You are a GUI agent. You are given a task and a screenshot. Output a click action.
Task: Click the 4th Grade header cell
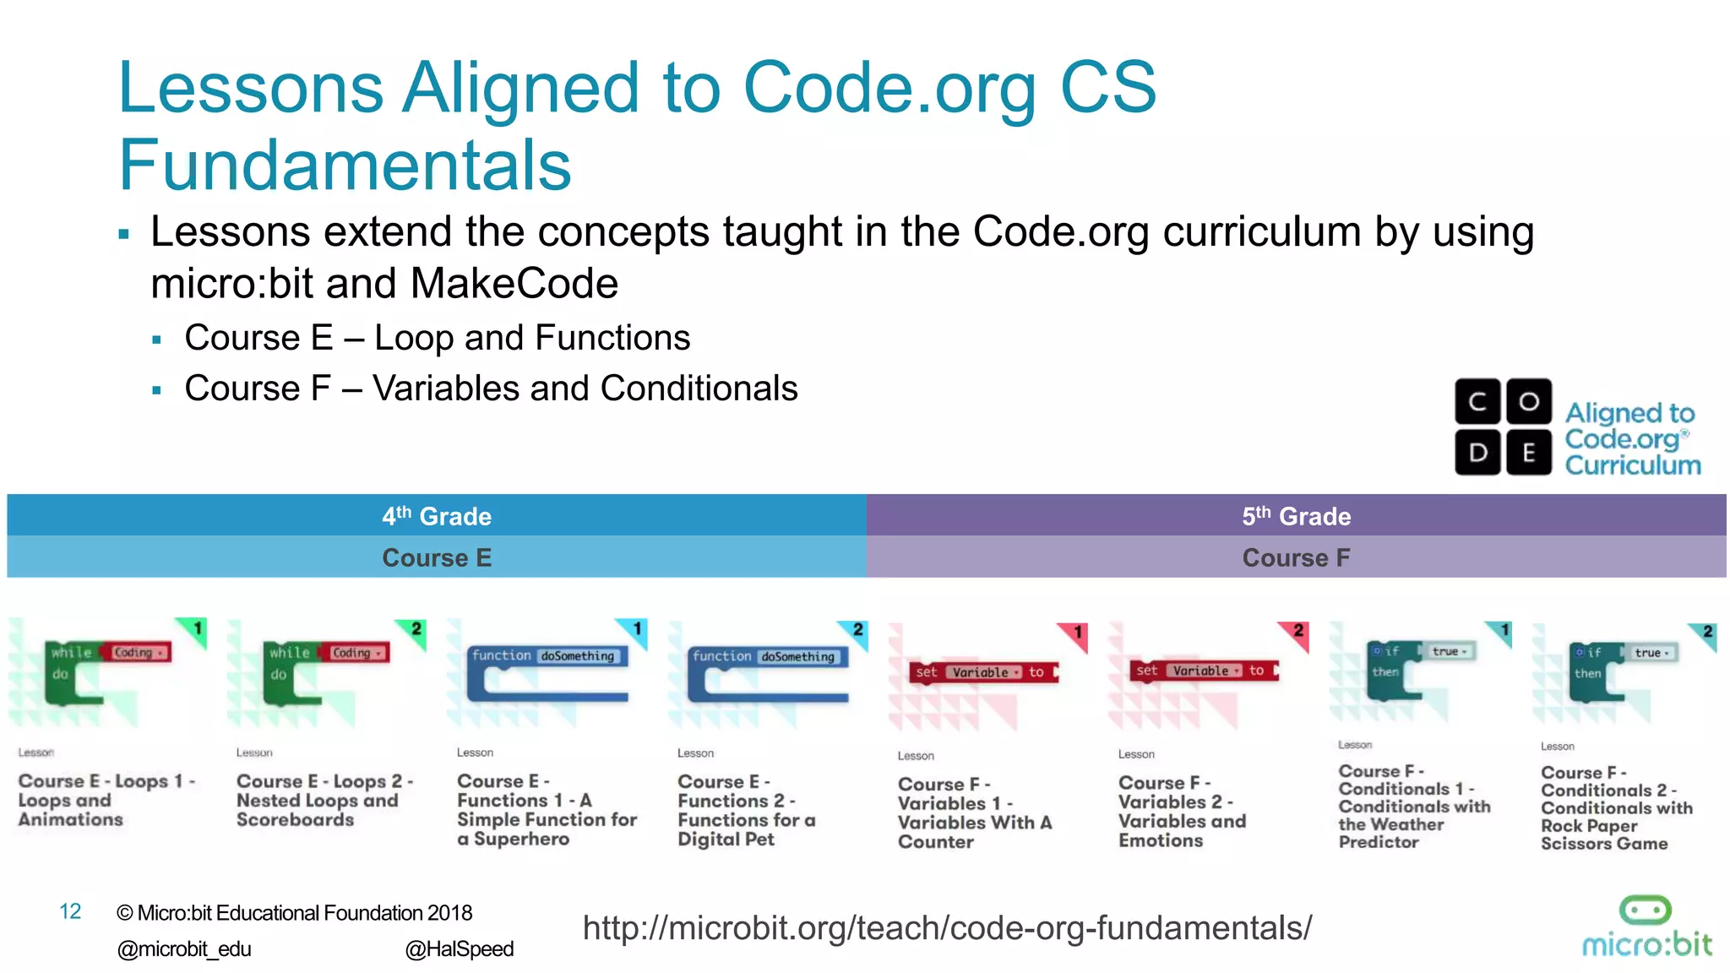tap(437, 515)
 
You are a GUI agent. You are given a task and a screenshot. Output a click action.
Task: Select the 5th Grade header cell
tap(1296, 515)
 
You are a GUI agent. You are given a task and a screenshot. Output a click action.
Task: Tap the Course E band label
tap(437, 557)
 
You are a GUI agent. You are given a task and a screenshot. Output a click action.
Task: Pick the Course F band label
tap(1296, 557)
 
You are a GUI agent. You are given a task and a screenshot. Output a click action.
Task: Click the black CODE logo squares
tap(1503, 427)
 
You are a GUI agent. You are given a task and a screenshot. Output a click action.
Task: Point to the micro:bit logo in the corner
tap(1646, 927)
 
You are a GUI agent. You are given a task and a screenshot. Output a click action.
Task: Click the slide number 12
tap(70, 911)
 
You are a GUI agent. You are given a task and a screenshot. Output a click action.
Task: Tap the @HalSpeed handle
tap(460, 949)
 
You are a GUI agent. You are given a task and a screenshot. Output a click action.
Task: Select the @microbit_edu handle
tap(184, 949)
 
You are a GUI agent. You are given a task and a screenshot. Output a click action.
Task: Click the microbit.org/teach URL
tap(947, 927)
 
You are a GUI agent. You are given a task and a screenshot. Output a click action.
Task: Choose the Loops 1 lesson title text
tap(106, 800)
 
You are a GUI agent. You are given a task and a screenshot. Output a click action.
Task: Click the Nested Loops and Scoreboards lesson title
tap(324, 800)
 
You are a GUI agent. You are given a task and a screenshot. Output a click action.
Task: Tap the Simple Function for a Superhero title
tap(547, 809)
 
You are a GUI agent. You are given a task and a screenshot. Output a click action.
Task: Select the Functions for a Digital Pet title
tap(746, 809)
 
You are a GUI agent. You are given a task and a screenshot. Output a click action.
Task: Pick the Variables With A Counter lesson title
tap(975, 812)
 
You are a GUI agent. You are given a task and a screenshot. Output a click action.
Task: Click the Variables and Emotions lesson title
tap(1182, 811)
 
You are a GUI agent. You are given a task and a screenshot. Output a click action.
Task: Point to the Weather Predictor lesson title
tap(1414, 806)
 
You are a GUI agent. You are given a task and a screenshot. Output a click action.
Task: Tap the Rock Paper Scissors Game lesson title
tap(1616, 807)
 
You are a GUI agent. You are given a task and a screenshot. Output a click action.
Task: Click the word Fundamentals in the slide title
tap(345, 165)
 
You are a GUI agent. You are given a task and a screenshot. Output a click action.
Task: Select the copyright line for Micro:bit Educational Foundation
tap(294, 913)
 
